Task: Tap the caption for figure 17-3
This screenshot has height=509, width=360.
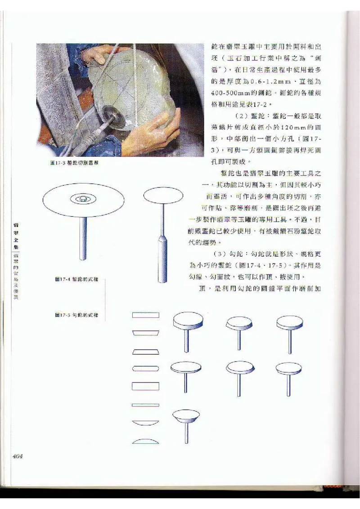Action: pos(74,163)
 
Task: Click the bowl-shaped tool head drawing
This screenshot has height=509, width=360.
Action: pos(186,415)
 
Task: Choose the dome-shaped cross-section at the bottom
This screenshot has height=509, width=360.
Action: pos(146,441)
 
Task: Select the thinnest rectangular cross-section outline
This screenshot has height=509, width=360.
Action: pos(146,405)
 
